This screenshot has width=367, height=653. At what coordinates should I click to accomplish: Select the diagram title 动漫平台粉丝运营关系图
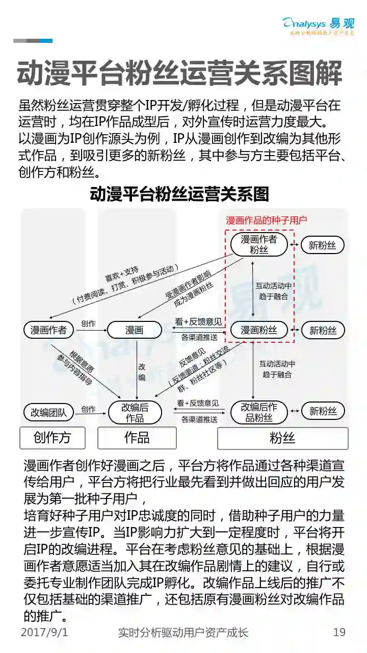(179, 194)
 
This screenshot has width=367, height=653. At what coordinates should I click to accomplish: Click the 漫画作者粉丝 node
(259, 244)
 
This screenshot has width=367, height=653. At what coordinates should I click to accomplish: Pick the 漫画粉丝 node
(259, 330)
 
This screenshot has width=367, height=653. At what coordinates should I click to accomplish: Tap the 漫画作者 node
(49, 330)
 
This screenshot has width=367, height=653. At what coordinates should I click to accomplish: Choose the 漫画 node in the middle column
(135, 330)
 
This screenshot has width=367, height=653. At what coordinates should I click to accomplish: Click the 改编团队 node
(49, 412)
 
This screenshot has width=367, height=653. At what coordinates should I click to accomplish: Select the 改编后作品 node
(135, 412)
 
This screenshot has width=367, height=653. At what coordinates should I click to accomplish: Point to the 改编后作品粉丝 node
(259, 412)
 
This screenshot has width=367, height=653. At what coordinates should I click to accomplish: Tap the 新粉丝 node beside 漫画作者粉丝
(323, 245)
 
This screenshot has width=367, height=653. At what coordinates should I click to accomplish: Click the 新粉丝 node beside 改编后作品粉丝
(323, 411)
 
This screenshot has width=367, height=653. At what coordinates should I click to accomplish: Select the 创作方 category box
(52, 438)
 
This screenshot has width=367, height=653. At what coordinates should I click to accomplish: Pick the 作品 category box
(137, 438)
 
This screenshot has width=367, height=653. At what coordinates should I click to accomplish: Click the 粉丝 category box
(282, 438)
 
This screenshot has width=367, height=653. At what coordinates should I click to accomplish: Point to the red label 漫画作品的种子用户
(267, 220)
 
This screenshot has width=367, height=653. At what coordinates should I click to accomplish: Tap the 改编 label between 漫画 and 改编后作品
(142, 372)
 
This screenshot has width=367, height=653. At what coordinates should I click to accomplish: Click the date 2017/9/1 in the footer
(44, 633)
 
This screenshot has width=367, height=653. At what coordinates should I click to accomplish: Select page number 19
(339, 633)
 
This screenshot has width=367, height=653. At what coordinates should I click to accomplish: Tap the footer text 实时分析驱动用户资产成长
(183, 633)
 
